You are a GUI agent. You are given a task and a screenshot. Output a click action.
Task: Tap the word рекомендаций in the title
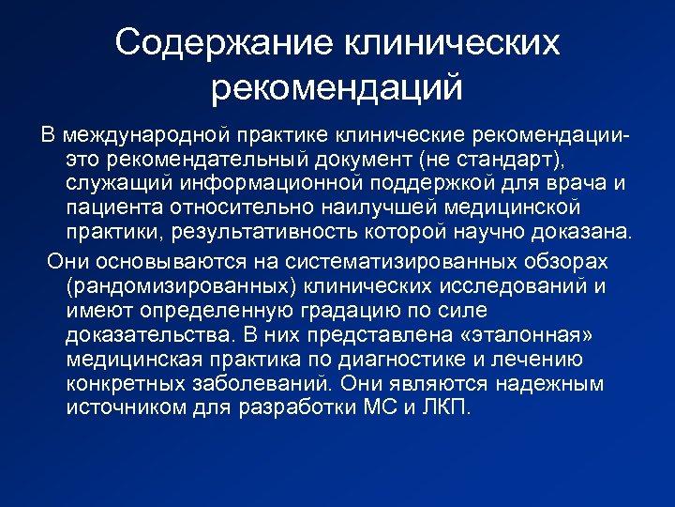[337, 88]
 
